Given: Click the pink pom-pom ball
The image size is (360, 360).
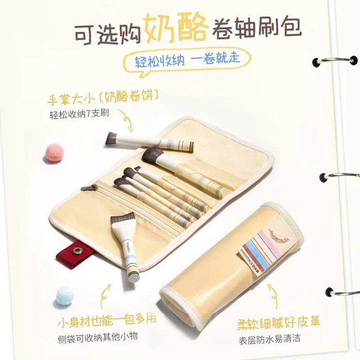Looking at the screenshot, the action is (x=54, y=152).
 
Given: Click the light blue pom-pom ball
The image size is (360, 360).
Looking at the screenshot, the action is (x=65, y=296).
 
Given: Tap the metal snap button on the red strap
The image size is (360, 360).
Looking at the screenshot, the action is (x=78, y=251).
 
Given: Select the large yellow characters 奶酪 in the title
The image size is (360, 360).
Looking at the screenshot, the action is (x=175, y=28).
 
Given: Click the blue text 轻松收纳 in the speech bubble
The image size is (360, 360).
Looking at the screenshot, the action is (x=160, y=61).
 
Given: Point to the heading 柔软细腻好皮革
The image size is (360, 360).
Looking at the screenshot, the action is (x=279, y=323).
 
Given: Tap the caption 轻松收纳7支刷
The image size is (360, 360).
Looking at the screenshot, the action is (x=79, y=114).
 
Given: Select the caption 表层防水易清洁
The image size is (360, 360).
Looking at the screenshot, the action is (x=269, y=339).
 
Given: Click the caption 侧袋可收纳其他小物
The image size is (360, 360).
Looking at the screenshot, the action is (x=98, y=337).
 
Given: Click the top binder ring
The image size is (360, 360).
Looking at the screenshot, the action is (x=335, y=60).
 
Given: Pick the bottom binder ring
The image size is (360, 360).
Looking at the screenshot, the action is (x=343, y=292).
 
